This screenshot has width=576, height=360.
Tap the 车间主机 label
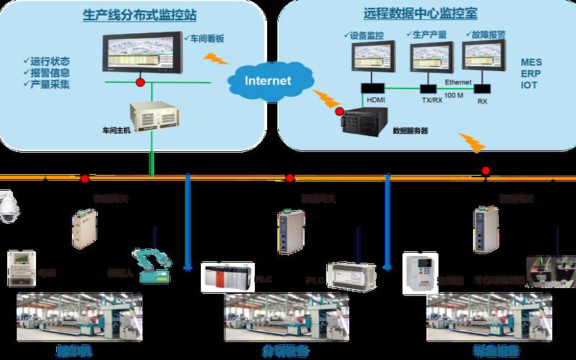pos(117,131)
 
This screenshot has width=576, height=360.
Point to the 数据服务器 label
pos(410,131)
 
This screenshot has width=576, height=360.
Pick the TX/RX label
pos(432,101)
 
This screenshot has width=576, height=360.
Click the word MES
pos(531,63)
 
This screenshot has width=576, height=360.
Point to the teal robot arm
pos(152,264)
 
